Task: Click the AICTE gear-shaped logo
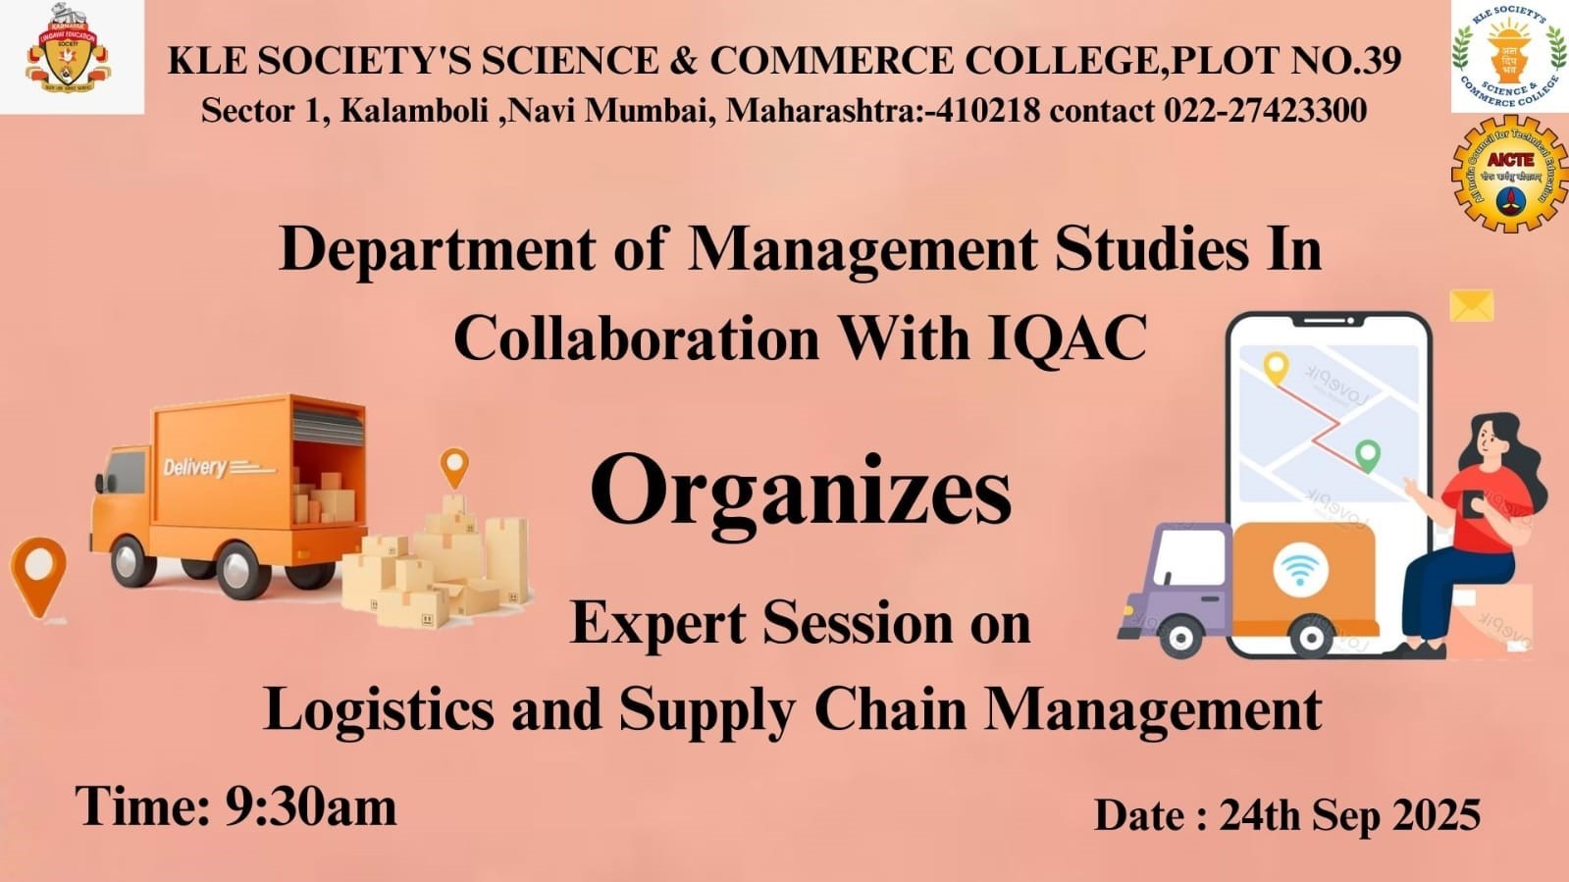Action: coord(1509,174)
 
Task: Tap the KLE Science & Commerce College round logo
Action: coord(1509,56)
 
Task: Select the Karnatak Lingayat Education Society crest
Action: coord(68,56)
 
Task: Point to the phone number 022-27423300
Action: coord(1265,111)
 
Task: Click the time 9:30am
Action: coord(311,807)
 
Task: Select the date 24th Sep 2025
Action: coord(1349,815)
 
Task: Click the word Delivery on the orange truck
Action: coord(195,467)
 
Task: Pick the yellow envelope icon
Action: coord(1471,305)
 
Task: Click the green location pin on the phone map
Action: coord(1367,455)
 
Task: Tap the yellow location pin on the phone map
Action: coord(1275,368)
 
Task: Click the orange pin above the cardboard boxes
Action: coord(453,465)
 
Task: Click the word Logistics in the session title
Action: coord(379,709)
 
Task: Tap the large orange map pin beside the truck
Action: coord(38,573)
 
